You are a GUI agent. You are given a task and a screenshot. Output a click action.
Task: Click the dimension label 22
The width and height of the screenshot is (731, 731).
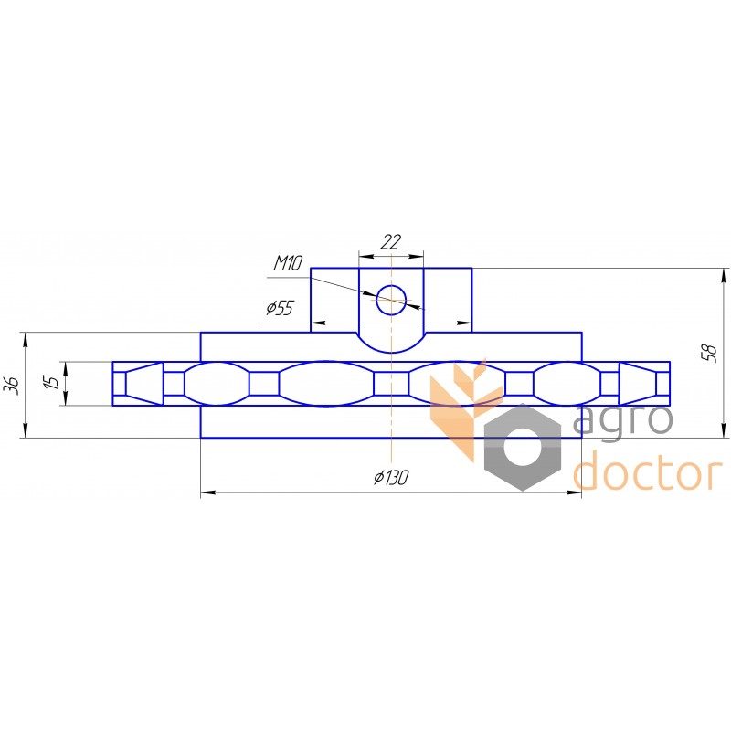tap(391, 242)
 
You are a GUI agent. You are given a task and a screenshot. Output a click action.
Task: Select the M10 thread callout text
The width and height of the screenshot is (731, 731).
tap(288, 263)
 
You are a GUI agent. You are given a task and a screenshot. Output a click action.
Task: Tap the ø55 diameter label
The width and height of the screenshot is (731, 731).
tap(281, 308)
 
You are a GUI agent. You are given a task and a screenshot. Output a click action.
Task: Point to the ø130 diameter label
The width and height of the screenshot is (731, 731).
tap(391, 477)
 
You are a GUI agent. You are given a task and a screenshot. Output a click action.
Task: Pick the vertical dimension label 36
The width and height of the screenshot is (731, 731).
tap(14, 385)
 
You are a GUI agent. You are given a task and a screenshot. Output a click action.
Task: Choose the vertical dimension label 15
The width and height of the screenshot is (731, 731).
tap(53, 382)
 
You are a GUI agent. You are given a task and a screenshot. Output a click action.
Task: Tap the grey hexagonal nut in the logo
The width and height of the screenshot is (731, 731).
tap(523, 447)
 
